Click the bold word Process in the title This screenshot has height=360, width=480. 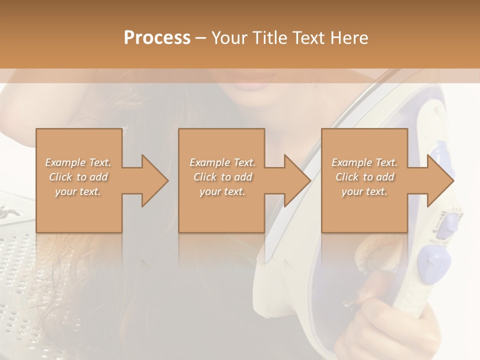[x=157, y=38]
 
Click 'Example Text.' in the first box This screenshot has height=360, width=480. [x=78, y=162]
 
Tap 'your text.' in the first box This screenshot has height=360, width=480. [x=78, y=191]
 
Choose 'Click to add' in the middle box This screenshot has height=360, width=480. [x=222, y=177]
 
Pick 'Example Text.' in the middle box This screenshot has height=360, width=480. [x=222, y=162]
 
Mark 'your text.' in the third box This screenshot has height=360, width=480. [x=364, y=191]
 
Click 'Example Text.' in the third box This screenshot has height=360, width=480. [x=364, y=162]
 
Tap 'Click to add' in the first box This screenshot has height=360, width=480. [x=78, y=177]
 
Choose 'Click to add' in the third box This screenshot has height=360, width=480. [x=364, y=177]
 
